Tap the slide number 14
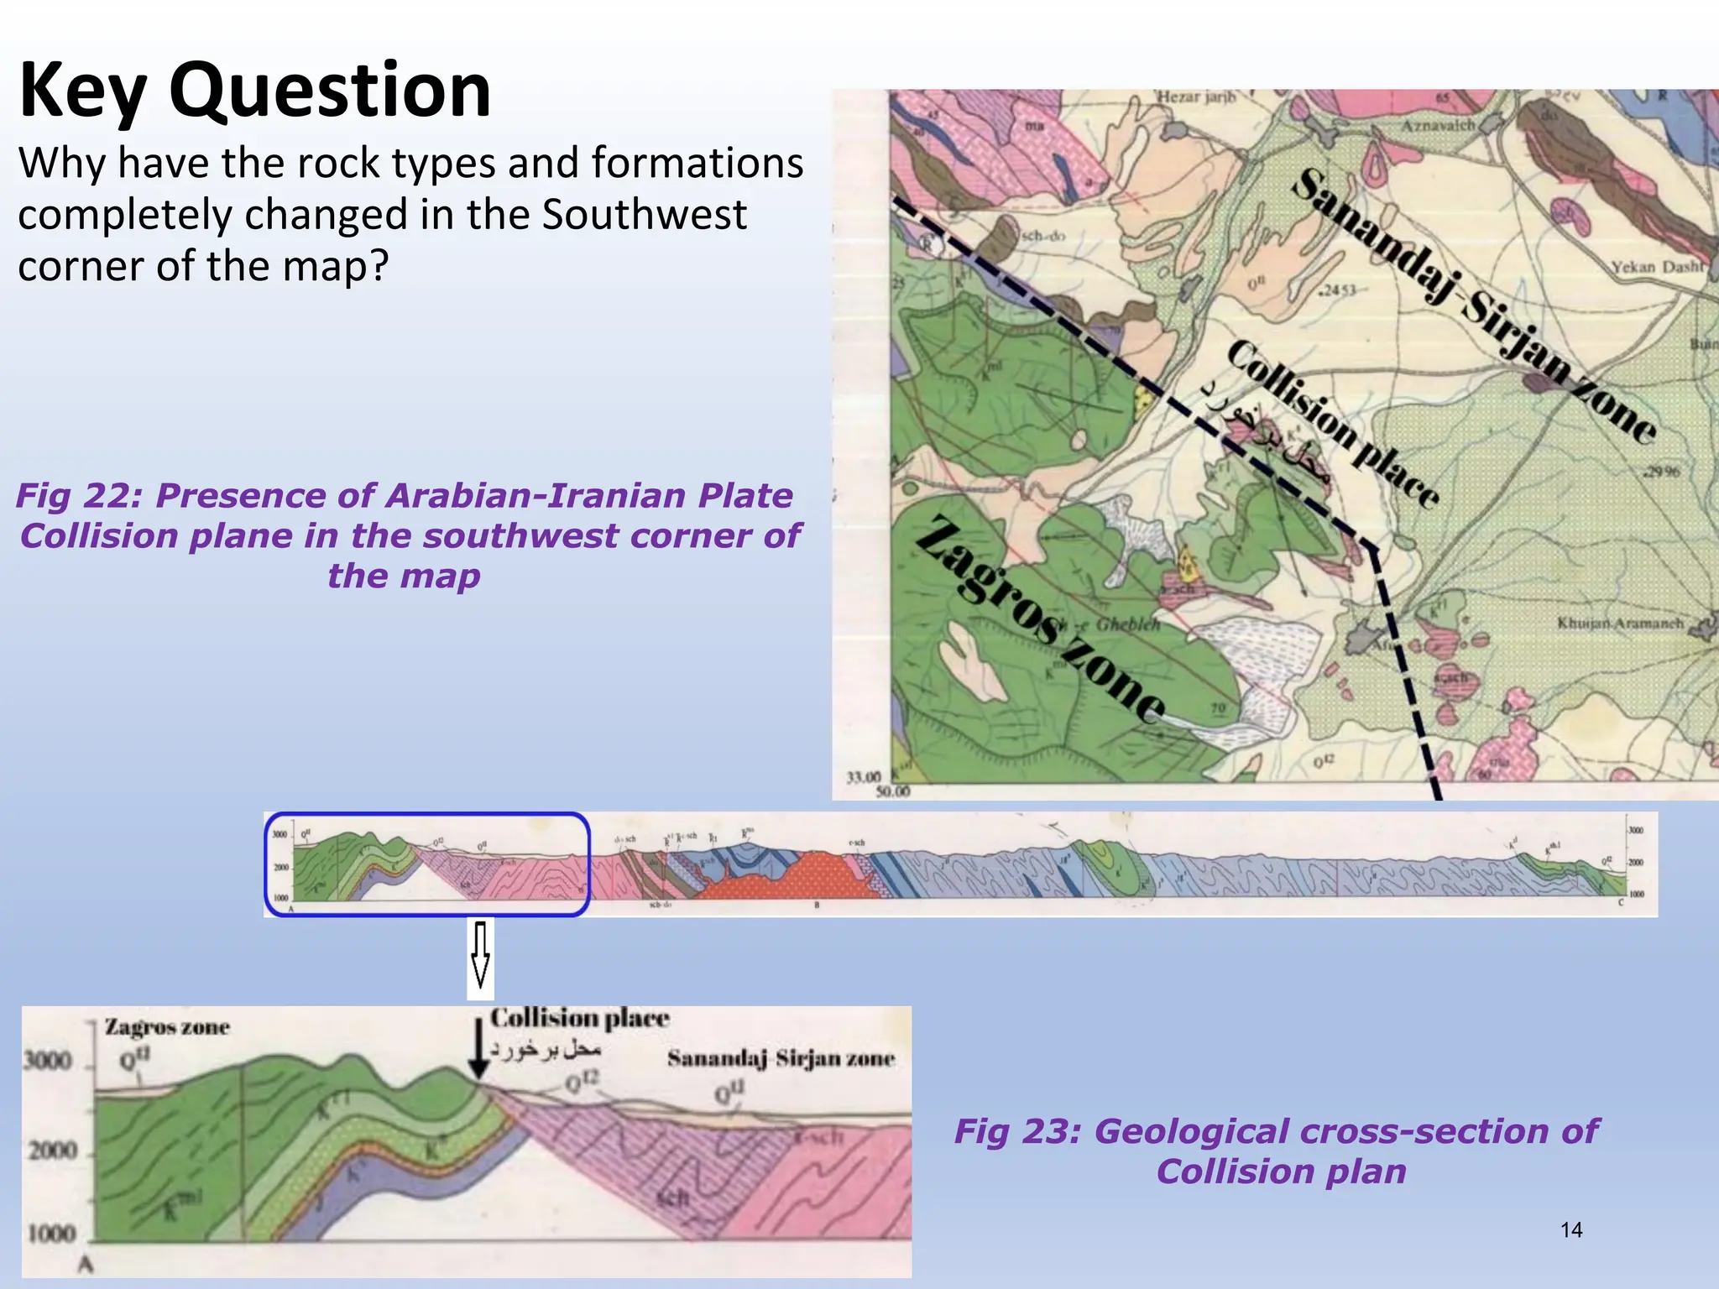(x=1570, y=1230)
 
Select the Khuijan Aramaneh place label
(x=1620, y=623)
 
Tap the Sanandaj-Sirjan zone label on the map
(x=1473, y=306)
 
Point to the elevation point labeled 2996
(x=1662, y=472)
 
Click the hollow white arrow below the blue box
(x=480, y=957)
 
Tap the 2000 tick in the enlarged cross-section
(x=52, y=1150)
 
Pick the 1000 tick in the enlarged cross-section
(x=52, y=1234)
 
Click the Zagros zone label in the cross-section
(x=167, y=1028)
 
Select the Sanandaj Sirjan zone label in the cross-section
(x=781, y=1058)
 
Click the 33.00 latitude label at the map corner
(x=864, y=777)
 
